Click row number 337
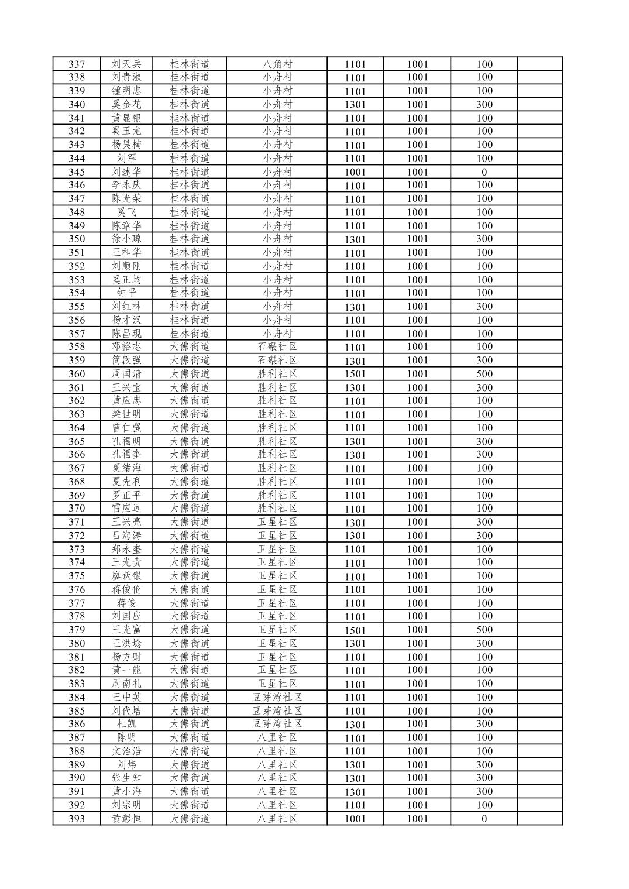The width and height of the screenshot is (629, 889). [x=77, y=64]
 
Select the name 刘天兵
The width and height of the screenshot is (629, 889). [x=126, y=64]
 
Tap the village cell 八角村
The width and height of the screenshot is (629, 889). [x=277, y=64]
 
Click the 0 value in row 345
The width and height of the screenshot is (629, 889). [x=484, y=172]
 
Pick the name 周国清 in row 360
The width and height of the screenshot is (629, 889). [x=126, y=374]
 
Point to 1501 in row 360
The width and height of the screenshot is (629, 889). [x=355, y=374]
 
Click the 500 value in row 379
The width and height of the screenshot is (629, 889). [x=484, y=630]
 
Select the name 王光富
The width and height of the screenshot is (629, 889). [x=126, y=630]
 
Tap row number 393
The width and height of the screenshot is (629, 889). [x=77, y=819]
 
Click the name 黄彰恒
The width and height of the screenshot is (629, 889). [x=126, y=819]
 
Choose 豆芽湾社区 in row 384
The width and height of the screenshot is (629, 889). [x=277, y=697]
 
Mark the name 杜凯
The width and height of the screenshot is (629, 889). [x=126, y=724]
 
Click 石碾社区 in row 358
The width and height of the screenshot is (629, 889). [x=277, y=346]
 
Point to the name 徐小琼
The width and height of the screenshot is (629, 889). [x=126, y=239]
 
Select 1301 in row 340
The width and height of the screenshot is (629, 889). [x=355, y=105]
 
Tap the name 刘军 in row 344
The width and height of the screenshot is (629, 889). [x=126, y=158]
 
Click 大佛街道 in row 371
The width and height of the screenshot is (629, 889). [x=190, y=522]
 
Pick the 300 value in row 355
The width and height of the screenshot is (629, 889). [x=484, y=306]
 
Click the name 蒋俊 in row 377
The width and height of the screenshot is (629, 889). [x=126, y=603]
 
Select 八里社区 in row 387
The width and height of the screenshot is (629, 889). [x=277, y=737]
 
